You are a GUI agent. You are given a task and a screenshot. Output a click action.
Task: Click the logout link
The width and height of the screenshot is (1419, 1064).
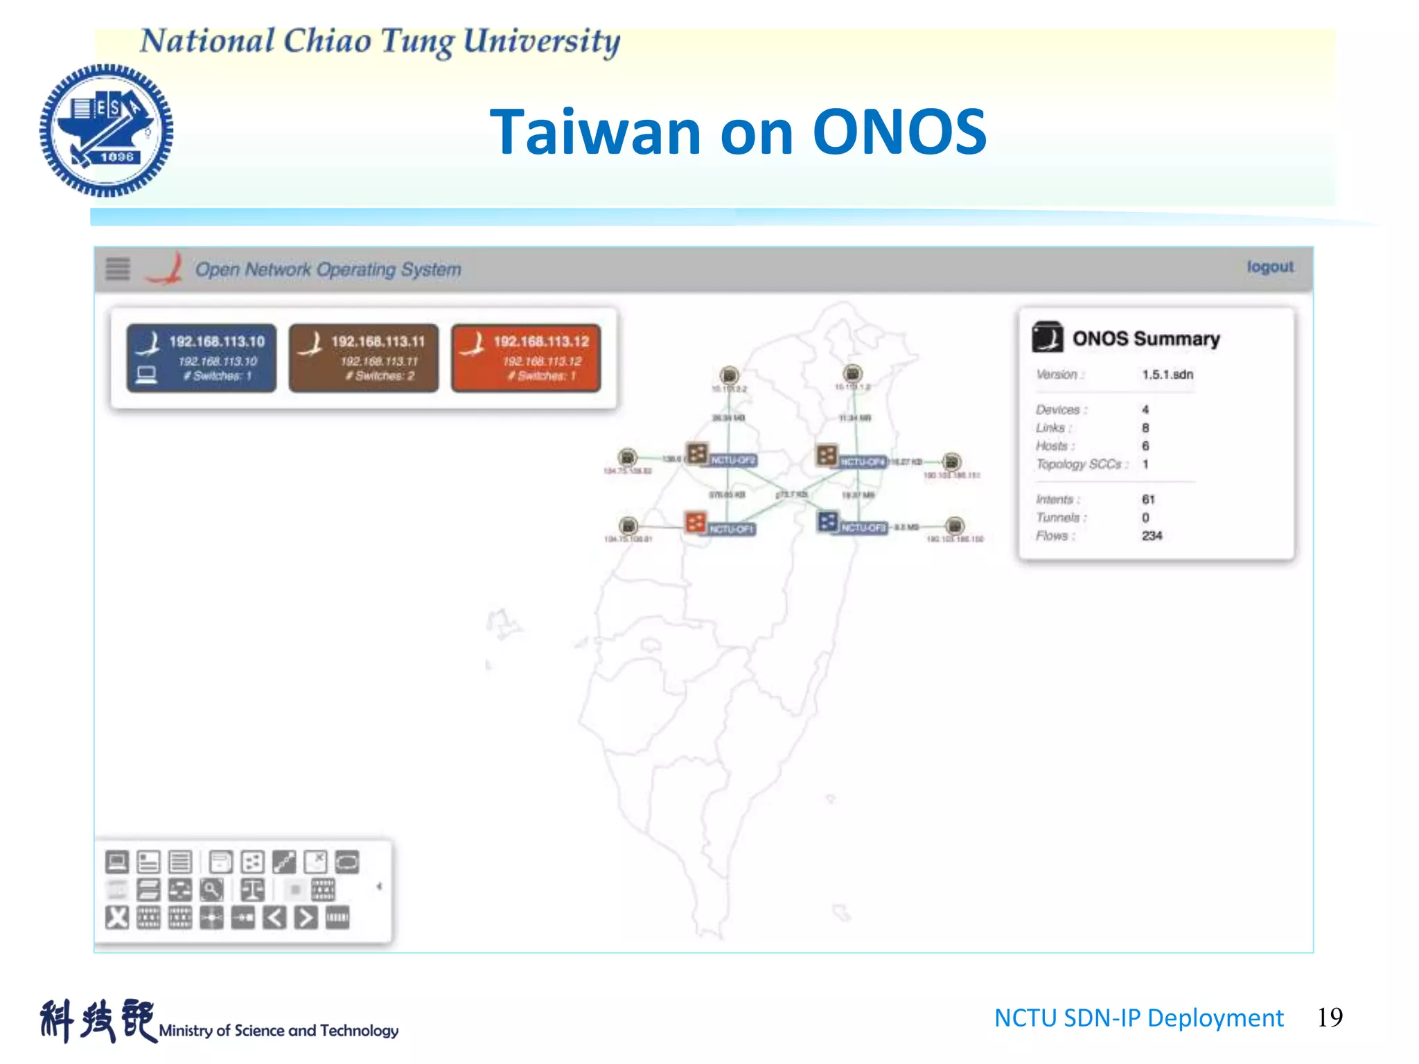pyautogui.click(x=1269, y=267)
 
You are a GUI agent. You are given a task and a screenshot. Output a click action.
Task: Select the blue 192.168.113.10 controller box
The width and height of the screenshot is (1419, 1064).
pyautogui.click(x=202, y=357)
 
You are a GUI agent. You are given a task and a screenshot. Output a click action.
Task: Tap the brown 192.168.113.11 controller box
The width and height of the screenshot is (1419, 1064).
pyautogui.click(x=364, y=357)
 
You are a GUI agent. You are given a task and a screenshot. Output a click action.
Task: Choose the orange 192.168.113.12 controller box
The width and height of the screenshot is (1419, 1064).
pyautogui.click(x=526, y=357)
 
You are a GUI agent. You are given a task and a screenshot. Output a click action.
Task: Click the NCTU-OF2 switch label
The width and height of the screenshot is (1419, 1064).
pyautogui.click(x=733, y=460)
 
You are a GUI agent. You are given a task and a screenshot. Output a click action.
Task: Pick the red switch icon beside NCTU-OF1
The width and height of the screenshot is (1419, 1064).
pyautogui.click(x=695, y=522)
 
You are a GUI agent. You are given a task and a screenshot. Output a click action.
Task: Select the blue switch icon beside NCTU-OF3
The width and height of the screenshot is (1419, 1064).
pyautogui.click(x=827, y=521)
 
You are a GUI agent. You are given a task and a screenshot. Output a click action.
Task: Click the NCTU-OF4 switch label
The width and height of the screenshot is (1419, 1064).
pyautogui.click(x=862, y=461)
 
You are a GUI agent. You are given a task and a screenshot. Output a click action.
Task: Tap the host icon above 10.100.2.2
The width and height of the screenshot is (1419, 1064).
pyautogui.click(x=729, y=375)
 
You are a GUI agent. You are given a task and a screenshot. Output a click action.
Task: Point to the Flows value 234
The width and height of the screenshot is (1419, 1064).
pyautogui.click(x=1152, y=535)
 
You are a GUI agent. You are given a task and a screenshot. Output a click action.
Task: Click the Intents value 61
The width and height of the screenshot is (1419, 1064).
pyautogui.click(x=1148, y=499)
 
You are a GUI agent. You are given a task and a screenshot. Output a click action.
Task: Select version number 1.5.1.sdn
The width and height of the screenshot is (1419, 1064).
pyautogui.click(x=1167, y=374)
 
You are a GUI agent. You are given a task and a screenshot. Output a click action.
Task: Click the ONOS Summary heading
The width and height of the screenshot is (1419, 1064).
pyautogui.click(x=1145, y=339)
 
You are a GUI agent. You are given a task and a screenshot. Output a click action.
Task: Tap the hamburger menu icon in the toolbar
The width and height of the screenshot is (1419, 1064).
pyautogui.click(x=118, y=269)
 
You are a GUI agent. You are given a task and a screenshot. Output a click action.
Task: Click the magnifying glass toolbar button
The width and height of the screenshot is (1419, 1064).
pyautogui.click(x=211, y=889)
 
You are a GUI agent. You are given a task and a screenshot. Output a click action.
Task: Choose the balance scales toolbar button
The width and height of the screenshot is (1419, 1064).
pyautogui.click(x=252, y=889)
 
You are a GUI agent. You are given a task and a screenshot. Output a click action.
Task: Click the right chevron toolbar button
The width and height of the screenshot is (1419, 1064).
pyautogui.click(x=306, y=918)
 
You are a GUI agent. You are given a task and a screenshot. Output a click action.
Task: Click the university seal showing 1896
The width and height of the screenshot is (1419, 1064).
pyautogui.click(x=106, y=130)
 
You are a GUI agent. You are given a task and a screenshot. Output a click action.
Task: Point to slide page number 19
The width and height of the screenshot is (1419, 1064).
pyautogui.click(x=1329, y=1017)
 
